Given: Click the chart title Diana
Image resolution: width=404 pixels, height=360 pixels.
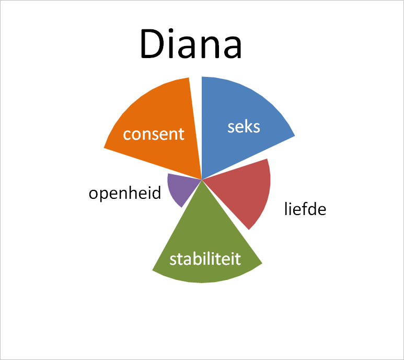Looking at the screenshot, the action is [191, 44].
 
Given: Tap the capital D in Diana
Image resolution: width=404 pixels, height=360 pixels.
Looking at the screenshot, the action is [152, 44].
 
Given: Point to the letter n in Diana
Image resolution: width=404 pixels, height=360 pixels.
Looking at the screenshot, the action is [209, 48].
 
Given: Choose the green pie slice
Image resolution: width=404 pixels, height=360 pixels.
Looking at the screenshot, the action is [205, 245].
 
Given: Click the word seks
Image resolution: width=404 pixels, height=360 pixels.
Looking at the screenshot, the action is [244, 127].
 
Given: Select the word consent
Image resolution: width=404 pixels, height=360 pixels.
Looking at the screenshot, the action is [154, 134].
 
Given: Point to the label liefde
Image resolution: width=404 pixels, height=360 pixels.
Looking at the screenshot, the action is [305, 209].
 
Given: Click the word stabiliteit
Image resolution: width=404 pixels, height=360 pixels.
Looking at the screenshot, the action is [205, 259].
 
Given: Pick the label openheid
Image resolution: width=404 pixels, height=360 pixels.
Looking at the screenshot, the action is [125, 194].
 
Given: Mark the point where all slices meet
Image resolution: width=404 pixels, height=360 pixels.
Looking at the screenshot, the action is [202, 179].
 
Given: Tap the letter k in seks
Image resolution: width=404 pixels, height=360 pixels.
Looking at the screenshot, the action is [246, 126].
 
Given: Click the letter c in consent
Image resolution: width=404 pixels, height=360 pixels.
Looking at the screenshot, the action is [128, 134].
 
